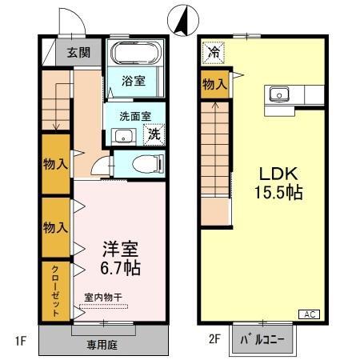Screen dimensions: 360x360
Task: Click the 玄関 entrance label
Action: coord(78,53)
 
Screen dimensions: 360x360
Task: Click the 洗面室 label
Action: coord(135,115)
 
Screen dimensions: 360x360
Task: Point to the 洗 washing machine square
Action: coord(153,134)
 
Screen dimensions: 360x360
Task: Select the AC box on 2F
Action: coord(310,314)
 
